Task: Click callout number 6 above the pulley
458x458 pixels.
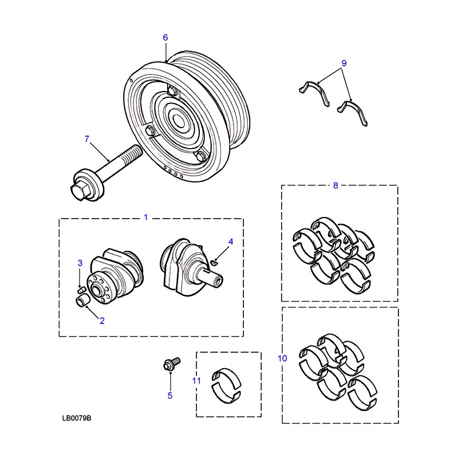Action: (x=165, y=37)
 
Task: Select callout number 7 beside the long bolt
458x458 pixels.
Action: (x=87, y=139)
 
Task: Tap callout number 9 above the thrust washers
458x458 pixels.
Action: (x=344, y=63)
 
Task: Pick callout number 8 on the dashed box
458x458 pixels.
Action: (x=335, y=185)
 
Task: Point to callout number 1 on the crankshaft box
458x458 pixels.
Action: (x=146, y=218)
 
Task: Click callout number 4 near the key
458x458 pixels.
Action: (x=231, y=242)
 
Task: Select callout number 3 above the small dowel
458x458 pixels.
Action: (x=80, y=263)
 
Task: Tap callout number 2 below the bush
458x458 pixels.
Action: (x=102, y=321)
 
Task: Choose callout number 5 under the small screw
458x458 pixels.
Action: (x=170, y=396)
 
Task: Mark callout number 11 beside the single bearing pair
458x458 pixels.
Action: (x=196, y=381)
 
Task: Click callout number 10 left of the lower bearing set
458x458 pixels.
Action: (x=282, y=358)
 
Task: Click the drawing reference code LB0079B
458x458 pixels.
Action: (x=77, y=418)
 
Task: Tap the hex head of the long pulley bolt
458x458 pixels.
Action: (x=78, y=191)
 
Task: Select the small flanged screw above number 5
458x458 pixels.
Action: (x=172, y=364)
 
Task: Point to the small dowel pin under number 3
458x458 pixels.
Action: (x=81, y=290)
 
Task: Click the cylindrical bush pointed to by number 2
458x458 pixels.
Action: (x=82, y=301)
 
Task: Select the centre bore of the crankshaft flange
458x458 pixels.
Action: (x=96, y=290)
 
